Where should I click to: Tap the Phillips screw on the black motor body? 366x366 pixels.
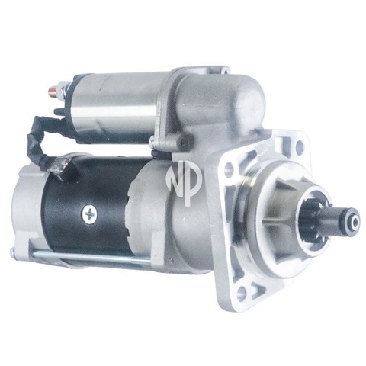point(89,215)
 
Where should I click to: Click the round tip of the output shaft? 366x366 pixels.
point(354,223)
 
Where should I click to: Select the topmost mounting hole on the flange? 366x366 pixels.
point(300,146)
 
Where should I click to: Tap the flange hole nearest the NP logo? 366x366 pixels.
point(229,168)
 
